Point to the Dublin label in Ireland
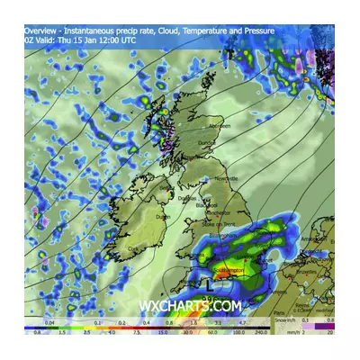tap(163, 217)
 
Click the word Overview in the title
tap(40, 31)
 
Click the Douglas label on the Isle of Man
tap(186, 197)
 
